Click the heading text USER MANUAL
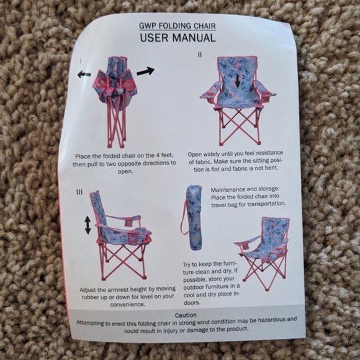click(178, 37)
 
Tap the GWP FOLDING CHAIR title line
click(178, 25)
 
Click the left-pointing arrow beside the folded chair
click(84, 74)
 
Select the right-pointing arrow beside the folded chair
click(145, 71)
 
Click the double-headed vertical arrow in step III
click(88, 224)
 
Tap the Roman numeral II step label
click(199, 55)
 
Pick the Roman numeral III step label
click(79, 192)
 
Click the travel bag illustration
click(194, 217)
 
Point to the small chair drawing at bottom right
click(263, 248)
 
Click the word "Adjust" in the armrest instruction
click(89, 290)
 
